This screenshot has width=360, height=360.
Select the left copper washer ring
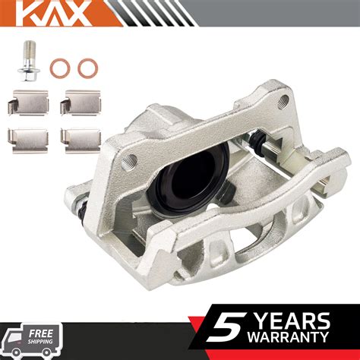pos(58,68)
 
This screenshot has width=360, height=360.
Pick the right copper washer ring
pos(86,68)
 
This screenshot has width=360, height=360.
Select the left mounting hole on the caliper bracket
pos(131,159)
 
